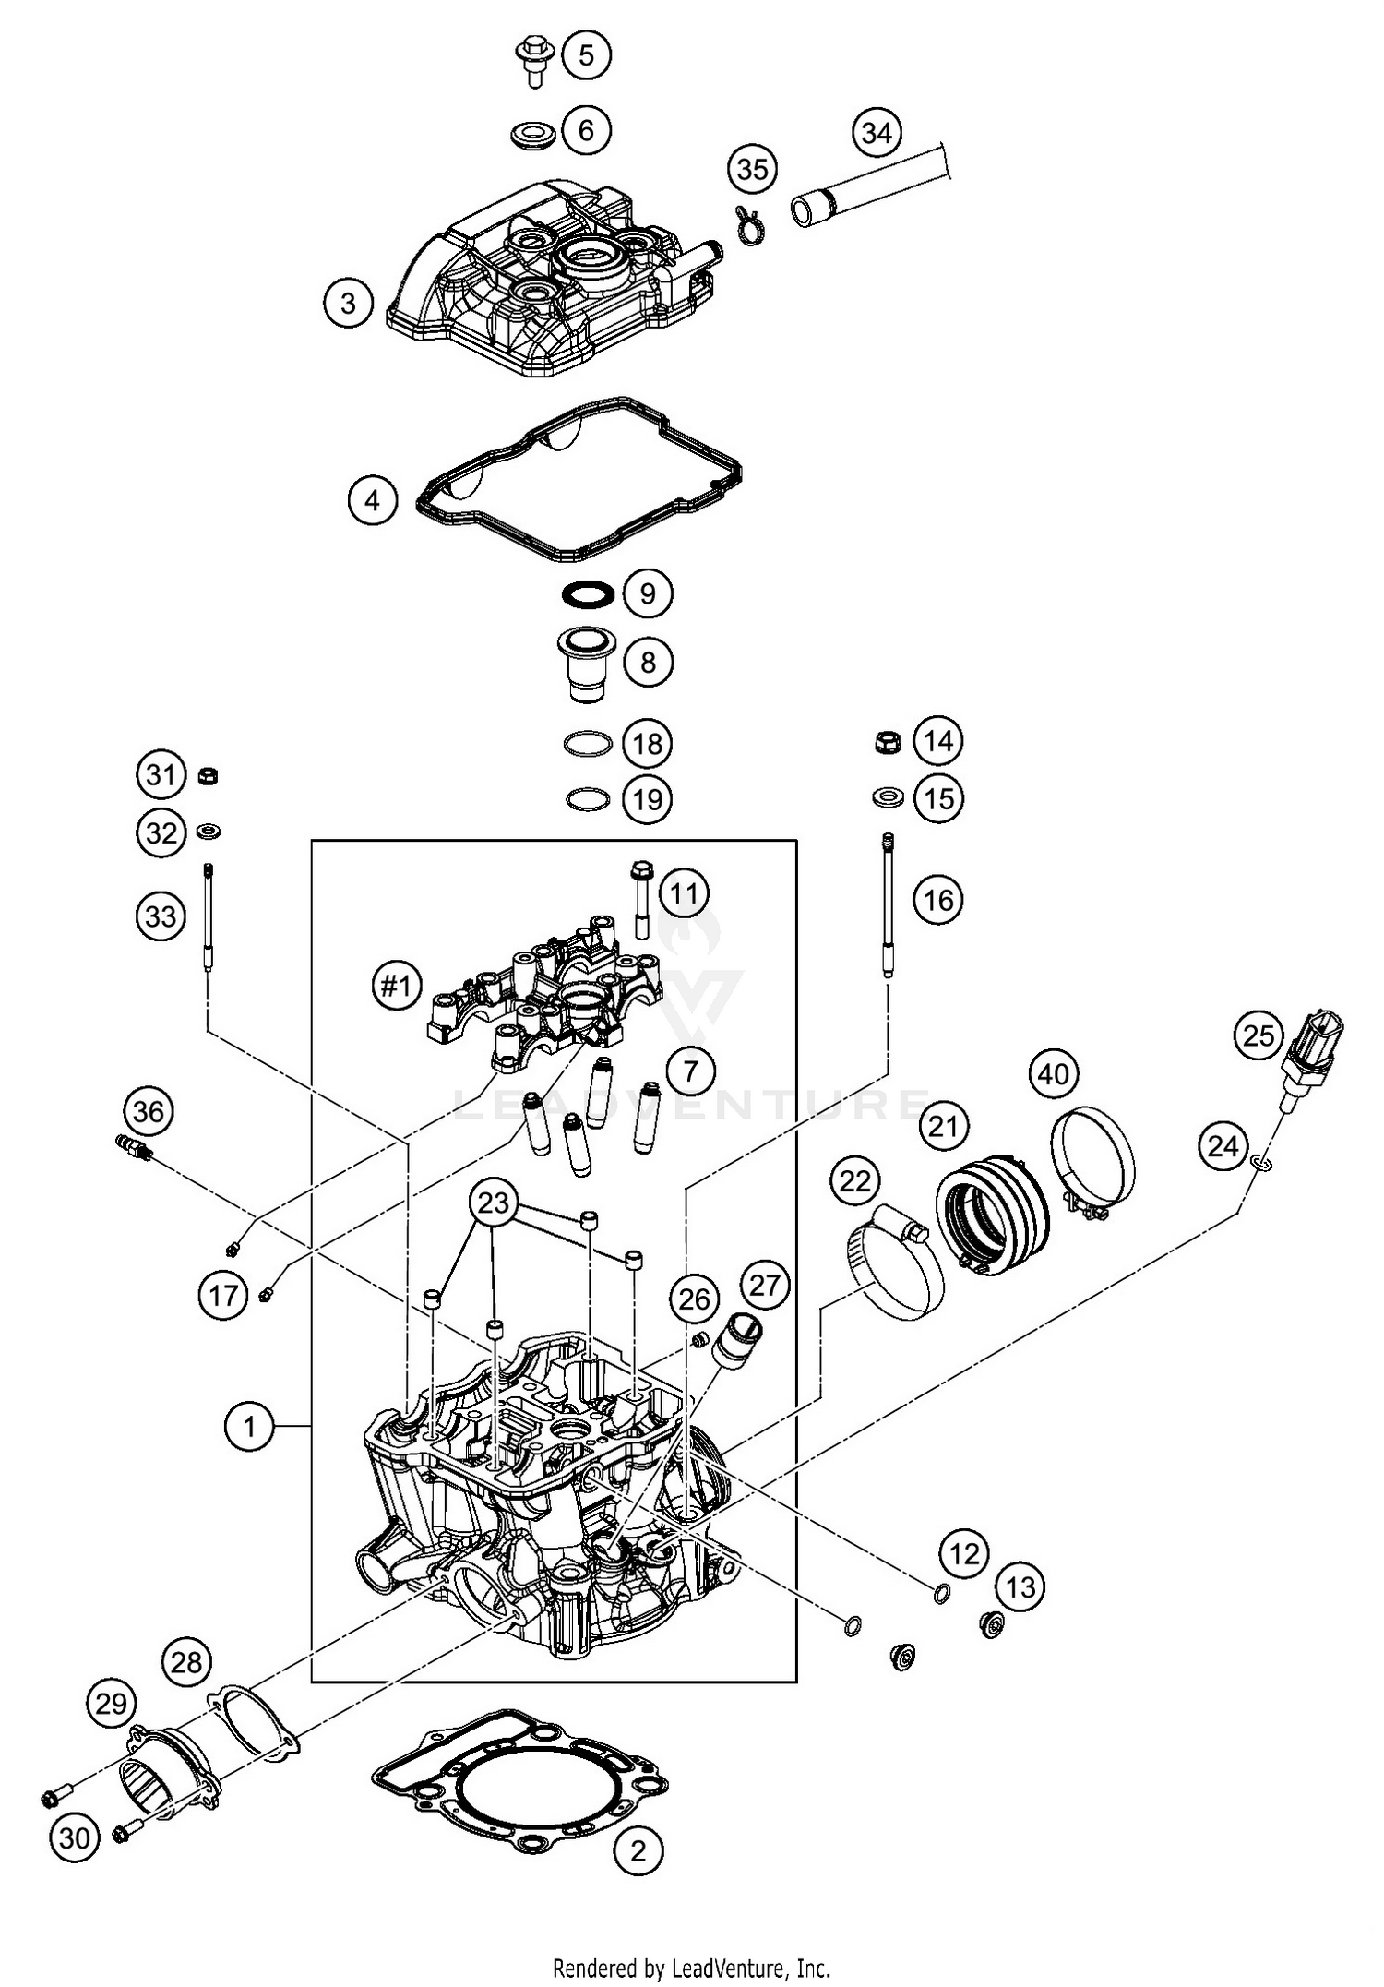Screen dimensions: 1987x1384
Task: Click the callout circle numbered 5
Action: click(x=586, y=55)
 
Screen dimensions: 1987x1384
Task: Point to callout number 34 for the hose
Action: click(x=876, y=133)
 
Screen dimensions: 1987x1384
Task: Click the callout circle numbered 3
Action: click(x=348, y=303)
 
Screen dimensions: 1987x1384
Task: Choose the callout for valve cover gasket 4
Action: click(x=372, y=500)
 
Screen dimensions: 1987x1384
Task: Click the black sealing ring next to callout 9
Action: click(x=587, y=593)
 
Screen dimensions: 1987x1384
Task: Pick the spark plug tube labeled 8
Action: click(x=585, y=664)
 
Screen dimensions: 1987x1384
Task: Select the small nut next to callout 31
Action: click(x=209, y=774)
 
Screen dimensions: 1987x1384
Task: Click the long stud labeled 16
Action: click(x=889, y=904)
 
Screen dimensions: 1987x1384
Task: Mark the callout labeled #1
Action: click(x=396, y=987)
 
